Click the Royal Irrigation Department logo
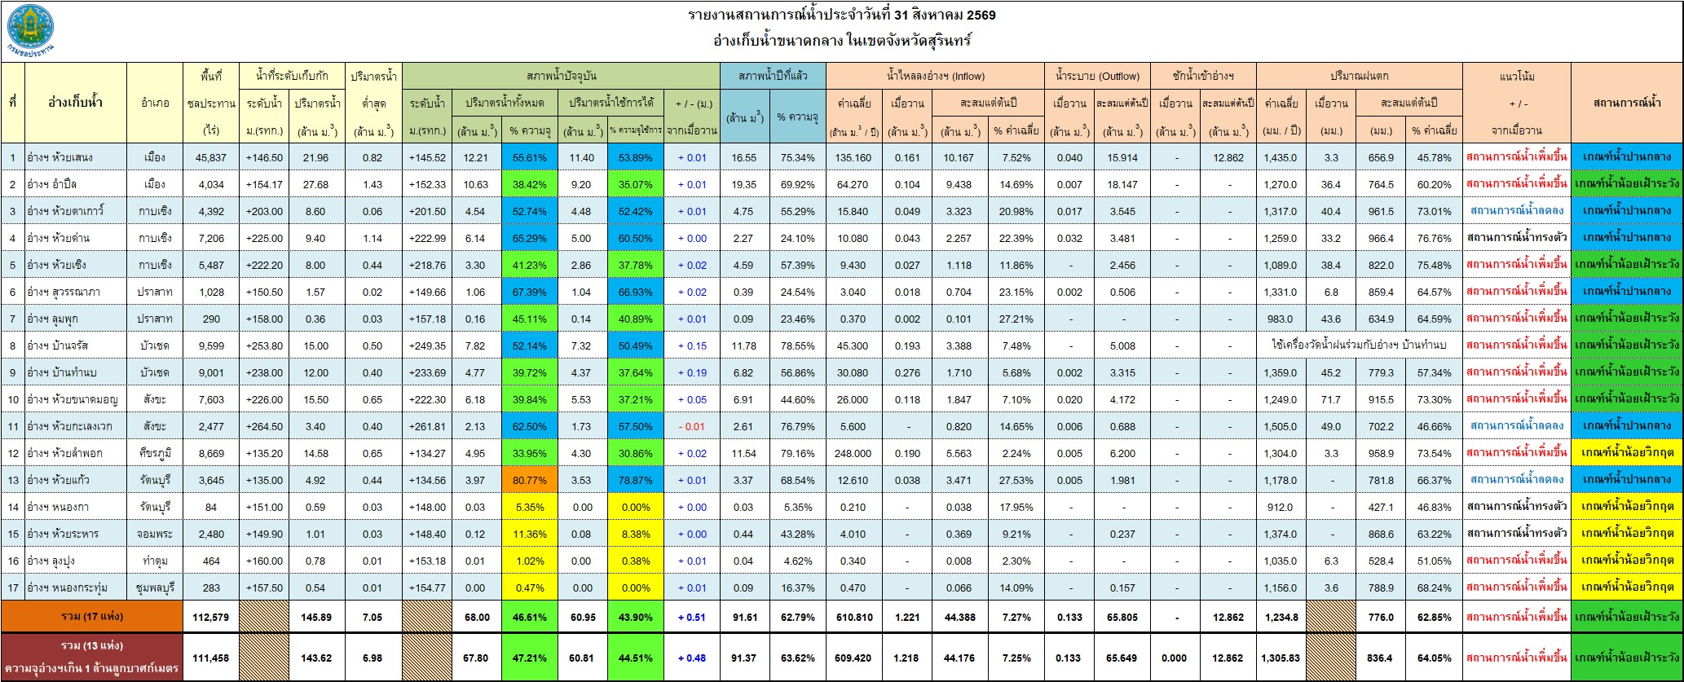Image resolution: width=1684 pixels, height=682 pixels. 31,30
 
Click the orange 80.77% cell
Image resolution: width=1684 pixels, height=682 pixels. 528,480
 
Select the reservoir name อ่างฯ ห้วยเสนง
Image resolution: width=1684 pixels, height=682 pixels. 62,157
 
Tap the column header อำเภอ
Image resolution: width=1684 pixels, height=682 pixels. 155,103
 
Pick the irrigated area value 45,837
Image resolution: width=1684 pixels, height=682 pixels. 211,157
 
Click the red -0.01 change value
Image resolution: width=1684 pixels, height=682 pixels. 691,426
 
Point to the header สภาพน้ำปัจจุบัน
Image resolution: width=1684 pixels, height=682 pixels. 562,76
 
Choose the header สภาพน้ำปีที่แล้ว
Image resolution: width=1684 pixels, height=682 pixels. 773,76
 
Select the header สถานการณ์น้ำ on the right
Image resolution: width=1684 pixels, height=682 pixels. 1626,103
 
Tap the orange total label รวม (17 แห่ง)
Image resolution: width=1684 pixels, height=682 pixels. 94,617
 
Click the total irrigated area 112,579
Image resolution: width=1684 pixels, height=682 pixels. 211,617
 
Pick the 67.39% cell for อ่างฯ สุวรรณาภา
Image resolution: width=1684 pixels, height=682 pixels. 528,292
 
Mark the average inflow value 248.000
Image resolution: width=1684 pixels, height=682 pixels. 853,453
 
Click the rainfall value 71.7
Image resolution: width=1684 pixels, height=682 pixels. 1331,399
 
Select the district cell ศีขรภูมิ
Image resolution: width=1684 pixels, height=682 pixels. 155,453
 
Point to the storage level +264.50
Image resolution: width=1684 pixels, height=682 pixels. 265,426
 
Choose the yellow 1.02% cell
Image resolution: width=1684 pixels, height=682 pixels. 528,561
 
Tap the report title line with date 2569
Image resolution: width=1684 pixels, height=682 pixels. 842,15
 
